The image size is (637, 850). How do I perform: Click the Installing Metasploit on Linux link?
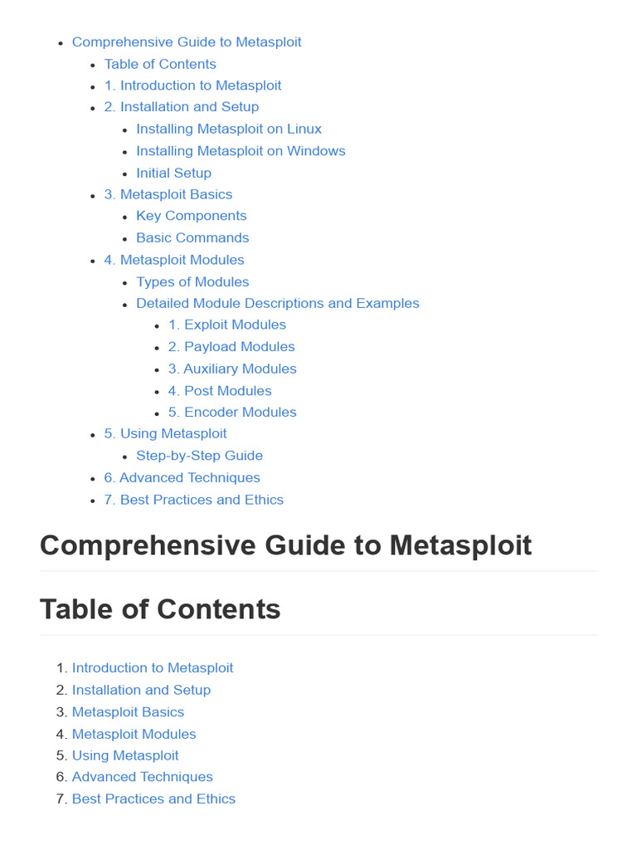(229, 129)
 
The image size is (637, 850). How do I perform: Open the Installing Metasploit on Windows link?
(241, 150)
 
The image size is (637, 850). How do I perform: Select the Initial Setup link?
(173, 173)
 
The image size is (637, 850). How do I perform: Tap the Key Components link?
(192, 216)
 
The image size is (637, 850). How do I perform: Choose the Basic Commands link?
(192, 237)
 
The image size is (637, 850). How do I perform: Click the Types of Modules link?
(192, 281)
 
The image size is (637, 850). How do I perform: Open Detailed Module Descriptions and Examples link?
(278, 303)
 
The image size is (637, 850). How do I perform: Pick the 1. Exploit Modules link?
(227, 325)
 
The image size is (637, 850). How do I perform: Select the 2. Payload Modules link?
(231, 346)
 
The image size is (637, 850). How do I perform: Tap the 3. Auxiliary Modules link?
(232, 369)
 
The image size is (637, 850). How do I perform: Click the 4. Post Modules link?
(220, 390)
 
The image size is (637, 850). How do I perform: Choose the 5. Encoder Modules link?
(232, 412)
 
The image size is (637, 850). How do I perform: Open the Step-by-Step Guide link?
(199, 456)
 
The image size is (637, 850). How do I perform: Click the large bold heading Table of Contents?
(160, 609)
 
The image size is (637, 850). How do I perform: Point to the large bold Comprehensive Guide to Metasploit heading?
(285, 545)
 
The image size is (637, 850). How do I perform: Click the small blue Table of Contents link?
(160, 64)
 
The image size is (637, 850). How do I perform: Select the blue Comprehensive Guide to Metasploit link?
(187, 42)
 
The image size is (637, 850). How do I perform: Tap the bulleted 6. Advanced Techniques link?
(182, 477)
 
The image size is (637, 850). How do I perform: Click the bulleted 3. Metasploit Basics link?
(168, 194)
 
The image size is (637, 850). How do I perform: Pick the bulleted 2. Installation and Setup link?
(181, 106)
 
